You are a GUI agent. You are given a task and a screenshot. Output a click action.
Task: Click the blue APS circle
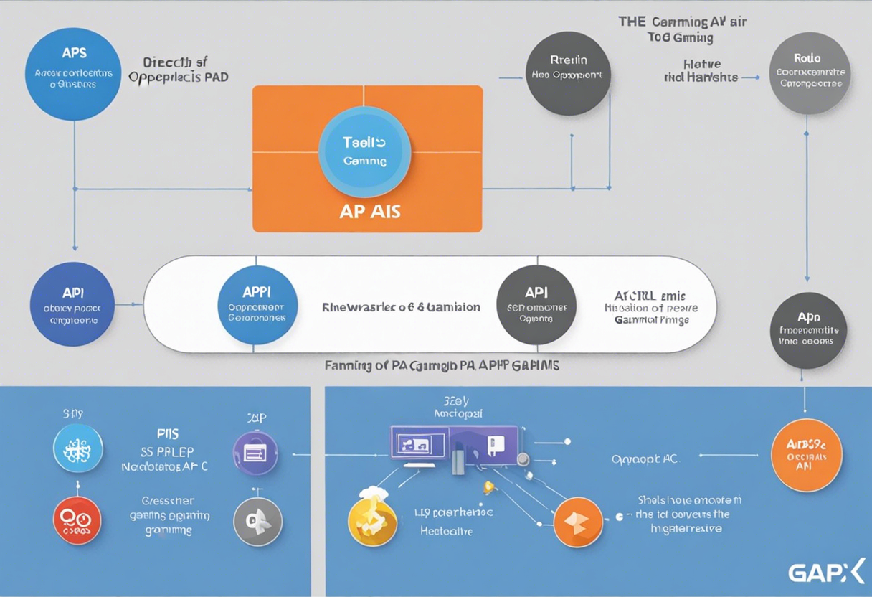[x=72, y=72]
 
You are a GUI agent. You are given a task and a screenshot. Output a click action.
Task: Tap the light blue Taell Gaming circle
[x=364, y=151]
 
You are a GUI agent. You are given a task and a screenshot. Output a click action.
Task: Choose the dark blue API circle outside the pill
[x=72, y=304]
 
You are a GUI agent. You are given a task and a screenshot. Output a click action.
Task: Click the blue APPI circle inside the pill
[x=257, y=305]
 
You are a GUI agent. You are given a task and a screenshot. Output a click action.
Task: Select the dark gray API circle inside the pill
[x=536, y=305]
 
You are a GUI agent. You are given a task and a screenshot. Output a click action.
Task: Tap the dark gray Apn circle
[x=808, y=330]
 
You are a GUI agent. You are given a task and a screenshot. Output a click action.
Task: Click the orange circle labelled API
[x=807, y=455]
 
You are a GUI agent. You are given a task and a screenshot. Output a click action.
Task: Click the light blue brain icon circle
[x=78, y=448]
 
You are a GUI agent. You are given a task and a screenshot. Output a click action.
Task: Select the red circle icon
[x=77, y=520]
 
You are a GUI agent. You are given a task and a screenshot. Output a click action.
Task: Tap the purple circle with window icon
[x=256, y=453]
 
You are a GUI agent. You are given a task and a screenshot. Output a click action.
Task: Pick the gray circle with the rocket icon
[x=258, y=522]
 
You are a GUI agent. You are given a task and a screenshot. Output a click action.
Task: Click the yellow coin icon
[x=371, y=520]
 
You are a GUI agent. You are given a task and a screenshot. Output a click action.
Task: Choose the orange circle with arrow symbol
[x=578, y=522]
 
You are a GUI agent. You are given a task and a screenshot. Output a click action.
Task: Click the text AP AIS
[x=371, y=212]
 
